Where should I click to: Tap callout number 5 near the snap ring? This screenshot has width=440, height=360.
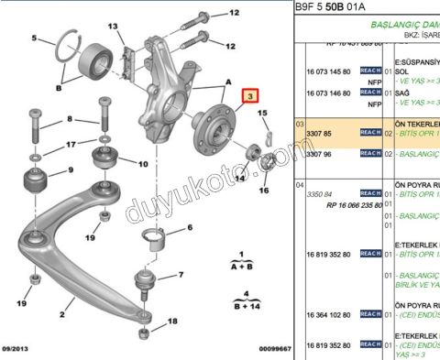[x=34, y=38]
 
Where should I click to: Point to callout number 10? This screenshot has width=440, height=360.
[x=142, y=164]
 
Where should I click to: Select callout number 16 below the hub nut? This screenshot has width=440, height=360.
[x=264, y=191]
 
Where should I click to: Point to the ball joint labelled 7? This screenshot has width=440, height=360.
[x=143, y=278]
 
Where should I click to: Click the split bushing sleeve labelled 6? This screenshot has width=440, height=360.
[x=155, y=242]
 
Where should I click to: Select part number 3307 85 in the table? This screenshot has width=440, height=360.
[x=319, y=133]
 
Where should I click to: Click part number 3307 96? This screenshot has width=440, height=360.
[x=319, y=153]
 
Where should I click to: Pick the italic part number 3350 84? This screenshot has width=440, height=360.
[x=319, y=193]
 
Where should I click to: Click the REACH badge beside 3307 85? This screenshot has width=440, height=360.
[x=370, y=133]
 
